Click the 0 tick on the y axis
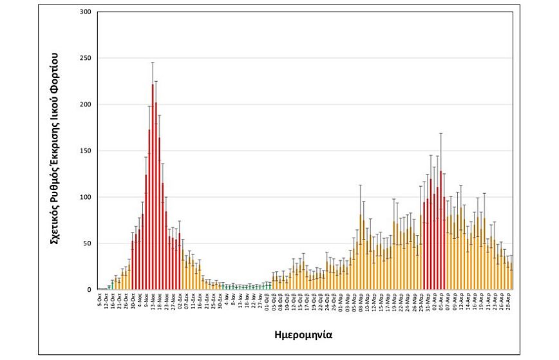point(90,290)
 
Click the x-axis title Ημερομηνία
point(303,335)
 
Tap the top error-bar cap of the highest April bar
point(441,133)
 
